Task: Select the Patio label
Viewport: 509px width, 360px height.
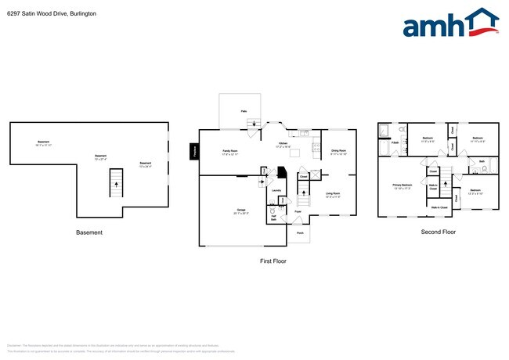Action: (244, 112)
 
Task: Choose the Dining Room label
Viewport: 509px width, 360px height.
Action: (339, 151)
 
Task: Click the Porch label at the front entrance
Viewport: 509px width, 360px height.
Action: (298, 232)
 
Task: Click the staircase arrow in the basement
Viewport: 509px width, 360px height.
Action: (117, 185)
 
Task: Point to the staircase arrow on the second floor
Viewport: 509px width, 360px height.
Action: (444, 188)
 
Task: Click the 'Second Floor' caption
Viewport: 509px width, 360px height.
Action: (439, 232)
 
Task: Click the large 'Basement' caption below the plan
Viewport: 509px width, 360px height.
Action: (88, 232)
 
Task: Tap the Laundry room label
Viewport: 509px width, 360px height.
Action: (276, 190)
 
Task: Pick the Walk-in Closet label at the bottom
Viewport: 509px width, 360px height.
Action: (439, 207)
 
